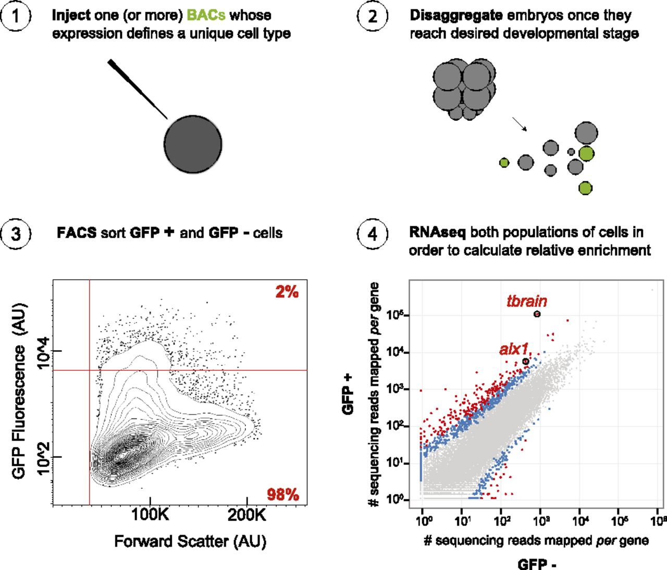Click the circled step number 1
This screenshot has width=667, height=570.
pyautogui.click(x=16, y=16)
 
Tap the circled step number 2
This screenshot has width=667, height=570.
pyautogui.click(x=372, y=16)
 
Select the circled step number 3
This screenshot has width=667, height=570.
pyautogui.click(x=16, y=233)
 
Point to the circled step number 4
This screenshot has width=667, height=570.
pyautogui.click(x=372, y=233)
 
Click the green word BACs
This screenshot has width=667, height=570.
pyautogui.click(x=206, y=15)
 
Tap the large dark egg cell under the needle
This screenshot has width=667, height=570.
pyautogui.click(x=193, y=144)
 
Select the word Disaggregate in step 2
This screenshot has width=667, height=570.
pyautogui.click(x=456, y=15)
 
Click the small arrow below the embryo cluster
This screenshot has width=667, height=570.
pyautogui.click(x=520, y=124)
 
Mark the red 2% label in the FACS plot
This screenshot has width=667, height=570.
pyautogui.click(x=287, y=292)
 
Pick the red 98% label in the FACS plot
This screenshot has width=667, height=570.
pyautogui.click(x=283, y=494)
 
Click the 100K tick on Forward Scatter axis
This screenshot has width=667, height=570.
pyautogui.click(x=150, y=515)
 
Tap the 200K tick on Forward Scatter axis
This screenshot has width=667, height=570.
pyautogui.click(x=246, y=515)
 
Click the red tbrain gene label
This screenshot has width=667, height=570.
pyautogui.click(x=527, y=301)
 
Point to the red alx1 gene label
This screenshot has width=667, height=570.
pyautogui.click(x=514, y=349)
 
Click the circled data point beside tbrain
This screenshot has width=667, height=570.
pyautogui.click(x=537, y=314)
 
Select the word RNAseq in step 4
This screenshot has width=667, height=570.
pyautogui.click(x=437, y=232)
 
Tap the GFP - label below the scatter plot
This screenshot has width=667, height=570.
pyautogui.click(x=536, y=564)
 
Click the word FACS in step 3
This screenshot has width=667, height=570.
pyautogui.click(x=76, y=233)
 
